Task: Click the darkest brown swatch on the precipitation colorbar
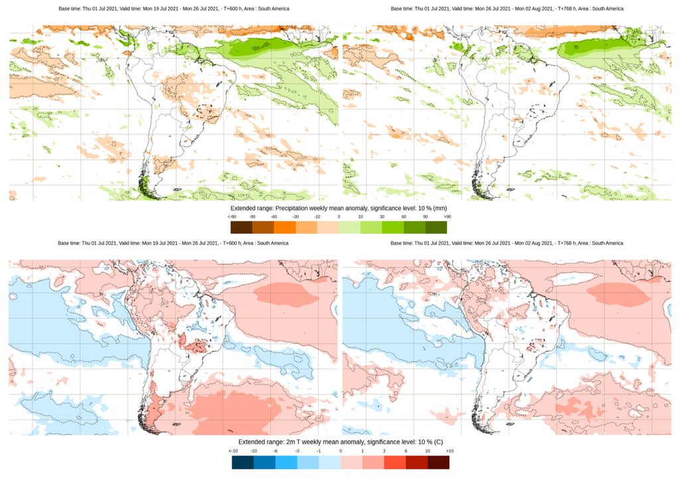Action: click(241, 227)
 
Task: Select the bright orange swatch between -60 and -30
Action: click(284, 227)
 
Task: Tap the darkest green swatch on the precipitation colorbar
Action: click(436, 227)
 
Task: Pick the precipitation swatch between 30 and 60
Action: click(392, 227)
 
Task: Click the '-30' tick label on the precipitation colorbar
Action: click(296, 216)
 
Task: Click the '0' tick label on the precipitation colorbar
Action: click(339, 216)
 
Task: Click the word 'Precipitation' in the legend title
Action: click(293, 208)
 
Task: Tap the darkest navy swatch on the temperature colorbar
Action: click(242, 462)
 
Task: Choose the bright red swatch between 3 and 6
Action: click(394, 462)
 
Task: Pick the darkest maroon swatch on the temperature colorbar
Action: click(438, 462)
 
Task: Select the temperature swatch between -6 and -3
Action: click(286, 462)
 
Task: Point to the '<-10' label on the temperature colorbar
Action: click(232, 451)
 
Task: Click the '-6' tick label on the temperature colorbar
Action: click(275, 451)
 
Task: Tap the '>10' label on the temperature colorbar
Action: click(449, 451)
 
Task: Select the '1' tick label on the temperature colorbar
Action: click(362, 451)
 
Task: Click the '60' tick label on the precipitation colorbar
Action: click(404, 216)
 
